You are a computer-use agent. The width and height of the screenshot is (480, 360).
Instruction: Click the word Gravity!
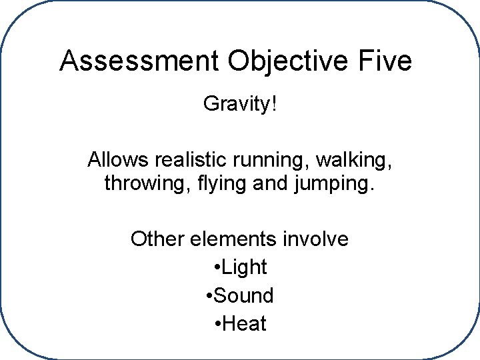[x=239, y=105]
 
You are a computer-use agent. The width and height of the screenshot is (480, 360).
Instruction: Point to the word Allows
[x=118, y=161]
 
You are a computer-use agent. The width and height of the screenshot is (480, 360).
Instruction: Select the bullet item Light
[x=245, y=268]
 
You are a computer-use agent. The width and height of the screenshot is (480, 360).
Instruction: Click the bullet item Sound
[x=245, y=295]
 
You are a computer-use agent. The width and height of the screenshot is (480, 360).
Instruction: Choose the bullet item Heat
[x=245, y=324]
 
